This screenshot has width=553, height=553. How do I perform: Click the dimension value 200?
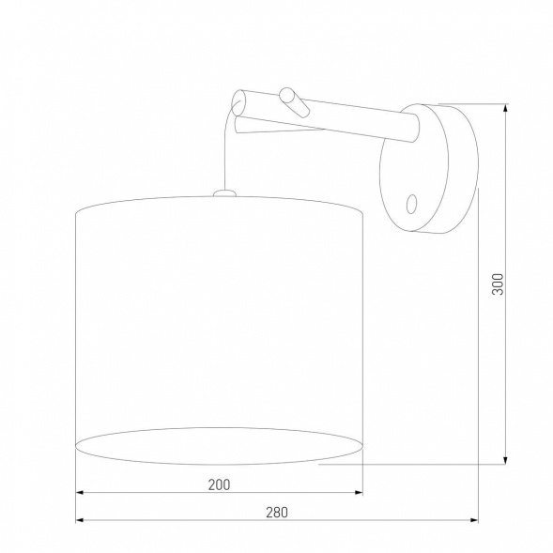218,484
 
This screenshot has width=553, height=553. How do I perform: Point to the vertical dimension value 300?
499,284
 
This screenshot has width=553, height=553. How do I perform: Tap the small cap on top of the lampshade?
223,193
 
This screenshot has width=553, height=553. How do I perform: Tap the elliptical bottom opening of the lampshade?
218,444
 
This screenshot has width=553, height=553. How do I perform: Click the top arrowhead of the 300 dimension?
507,109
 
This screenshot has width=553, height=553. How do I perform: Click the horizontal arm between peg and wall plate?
357,120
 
